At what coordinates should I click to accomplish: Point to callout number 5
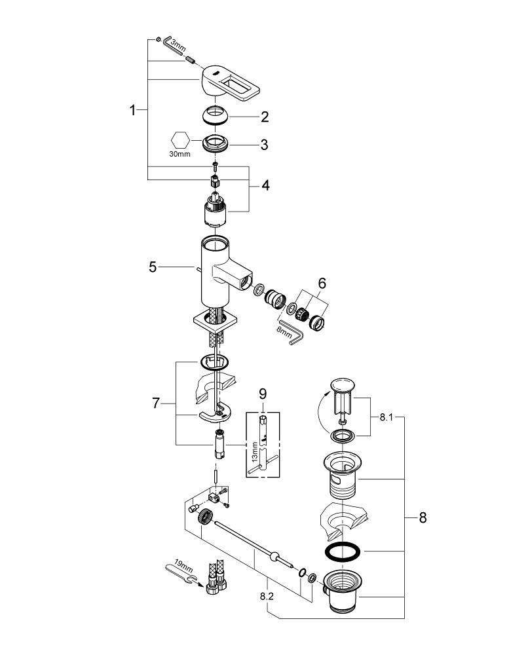tap(153, 267)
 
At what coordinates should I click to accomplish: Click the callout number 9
tap(263, 395)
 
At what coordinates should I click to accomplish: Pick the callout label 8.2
tap(268, 596)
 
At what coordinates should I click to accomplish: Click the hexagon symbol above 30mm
tap(180, 140)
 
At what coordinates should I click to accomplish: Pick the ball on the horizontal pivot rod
tap(271, 557)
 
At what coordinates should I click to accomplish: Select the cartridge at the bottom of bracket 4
tap(215, 212)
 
